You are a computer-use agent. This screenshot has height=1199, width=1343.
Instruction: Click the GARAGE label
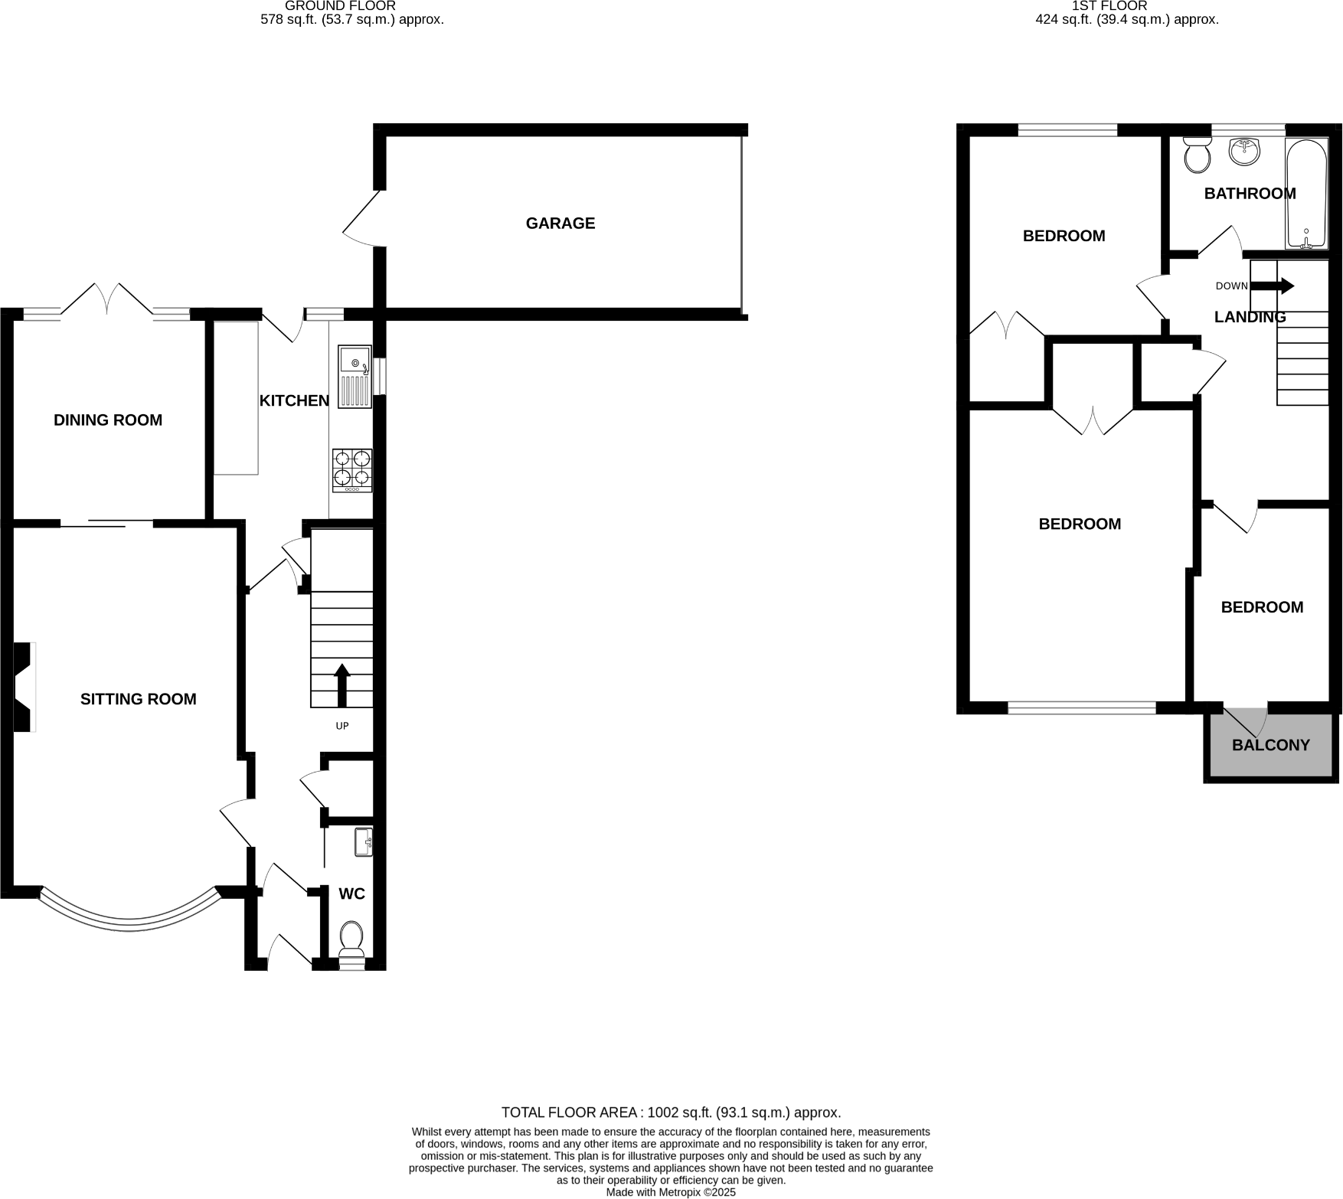pyautogui.click(x=560, y=223)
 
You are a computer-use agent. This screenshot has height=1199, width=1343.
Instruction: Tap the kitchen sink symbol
pyautogui.click(x=355, y=375)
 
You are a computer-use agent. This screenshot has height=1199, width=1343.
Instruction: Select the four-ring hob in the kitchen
pyautogui.click(x=352, y=470)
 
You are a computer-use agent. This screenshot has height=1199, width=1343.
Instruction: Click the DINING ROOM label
pyautogui.click(x=108, y=420)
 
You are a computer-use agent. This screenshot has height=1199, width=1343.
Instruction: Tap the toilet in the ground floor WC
pyautogui.click(x=351, y=939)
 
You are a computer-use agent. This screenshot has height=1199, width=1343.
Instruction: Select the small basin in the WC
pyautogui.click(x=364, y=841)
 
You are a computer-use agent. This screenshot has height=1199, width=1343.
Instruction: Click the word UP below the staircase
pyautogui.click(x=342, y=726)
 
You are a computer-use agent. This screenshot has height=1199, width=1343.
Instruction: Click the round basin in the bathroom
pyautogui.click(x=1244, y=151)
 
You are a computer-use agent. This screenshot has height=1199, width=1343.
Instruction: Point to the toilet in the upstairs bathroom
pyautogui.click(x=1196, y=155)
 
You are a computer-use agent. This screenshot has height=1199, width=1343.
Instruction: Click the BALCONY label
pyautogui.click(x=1270, y=745)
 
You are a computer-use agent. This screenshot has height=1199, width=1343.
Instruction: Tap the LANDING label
pyautogui.click(x=1250, y=317)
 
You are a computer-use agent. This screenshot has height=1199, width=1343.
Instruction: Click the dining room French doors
pyautogui.click(x=107, y=300)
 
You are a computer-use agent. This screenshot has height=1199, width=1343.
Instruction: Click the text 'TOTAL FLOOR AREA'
pyautogui.click(x=570, y=1112)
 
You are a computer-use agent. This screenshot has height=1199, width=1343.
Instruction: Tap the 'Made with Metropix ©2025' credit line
pyautogui.click(x=671, y=1192)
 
